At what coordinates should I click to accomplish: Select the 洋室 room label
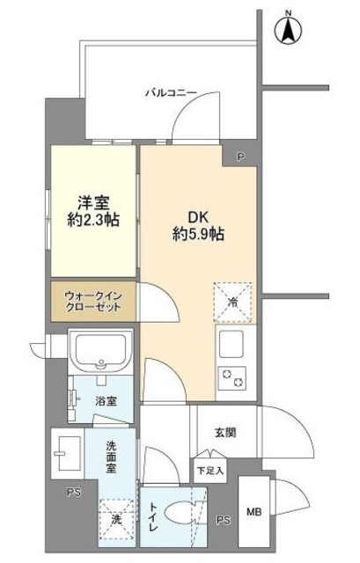[92, 201]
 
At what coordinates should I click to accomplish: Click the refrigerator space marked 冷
[232, 301]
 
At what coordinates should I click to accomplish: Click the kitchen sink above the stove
[236, 344]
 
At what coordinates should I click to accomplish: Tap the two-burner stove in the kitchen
[236, 377]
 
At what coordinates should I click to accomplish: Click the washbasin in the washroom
[69, 450]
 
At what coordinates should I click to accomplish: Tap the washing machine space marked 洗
[115, 518]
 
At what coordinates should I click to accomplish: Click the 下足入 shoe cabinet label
[209, 471]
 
